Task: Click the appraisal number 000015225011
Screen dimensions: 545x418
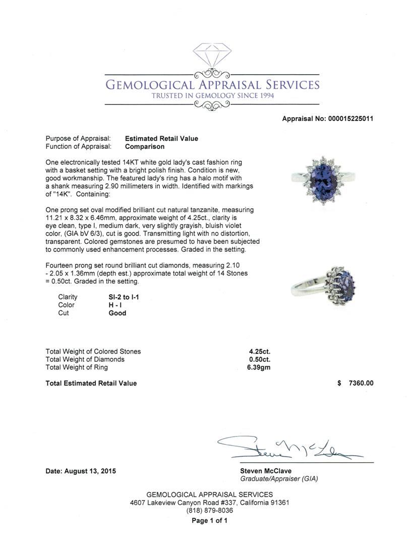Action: coord(349,119)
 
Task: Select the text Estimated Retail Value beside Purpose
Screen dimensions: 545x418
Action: coord(161,139)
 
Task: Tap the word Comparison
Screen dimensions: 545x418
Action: coord(145,147)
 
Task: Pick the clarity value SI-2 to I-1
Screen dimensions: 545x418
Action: coord(124,297)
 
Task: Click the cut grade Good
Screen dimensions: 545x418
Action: coord(117,313)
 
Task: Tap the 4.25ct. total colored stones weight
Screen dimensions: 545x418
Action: coord(260,352)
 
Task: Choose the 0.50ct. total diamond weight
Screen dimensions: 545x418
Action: coord(260,360)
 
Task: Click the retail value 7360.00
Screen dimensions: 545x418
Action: coord(361,384)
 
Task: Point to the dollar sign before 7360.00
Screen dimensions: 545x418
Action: coord(339,384)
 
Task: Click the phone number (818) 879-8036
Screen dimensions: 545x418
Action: coord(209,511)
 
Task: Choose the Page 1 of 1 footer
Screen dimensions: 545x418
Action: coord(209,521)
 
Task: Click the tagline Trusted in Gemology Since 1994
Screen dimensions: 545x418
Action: coord(212,96)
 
